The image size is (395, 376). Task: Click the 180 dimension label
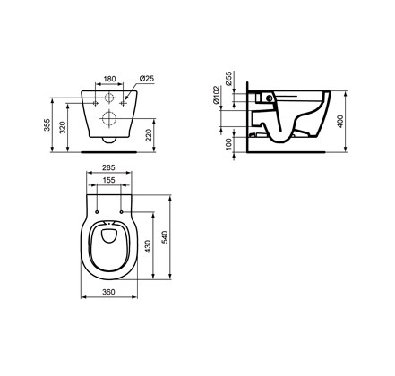pos(109,79)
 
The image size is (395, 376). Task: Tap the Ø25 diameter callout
pos(147,79)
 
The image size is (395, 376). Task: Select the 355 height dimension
pos(47,124)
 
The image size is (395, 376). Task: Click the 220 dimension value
pos(150,135)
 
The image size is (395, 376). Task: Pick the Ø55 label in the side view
pos(228,79)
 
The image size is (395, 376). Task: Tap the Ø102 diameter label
pos(217,95)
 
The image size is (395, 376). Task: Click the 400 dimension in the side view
pos(340,122)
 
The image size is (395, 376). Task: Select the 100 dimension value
pos(228,144)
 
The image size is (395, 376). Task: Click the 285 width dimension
pos(108,167)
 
